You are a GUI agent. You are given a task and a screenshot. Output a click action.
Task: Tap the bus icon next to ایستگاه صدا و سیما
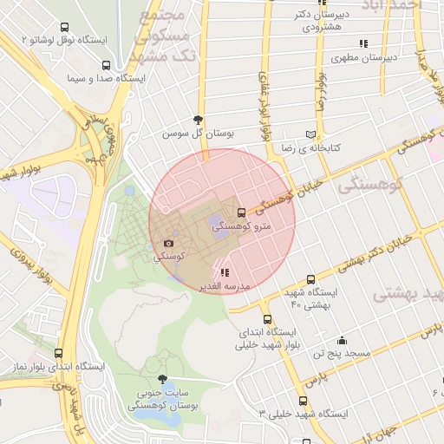pyautogui.click(x=106, y=65)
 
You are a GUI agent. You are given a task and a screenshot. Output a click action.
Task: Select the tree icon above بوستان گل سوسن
pyautogui.click(x=199, y=121)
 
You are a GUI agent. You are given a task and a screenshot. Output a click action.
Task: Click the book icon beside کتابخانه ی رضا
pyautogui.click(x=310, y=135)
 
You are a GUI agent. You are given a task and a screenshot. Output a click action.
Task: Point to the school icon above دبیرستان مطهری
pyautogui.click(x=363, y=43)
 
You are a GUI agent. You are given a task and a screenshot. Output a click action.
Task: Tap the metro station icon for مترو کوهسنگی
pyautogui.click(x=241, y=212)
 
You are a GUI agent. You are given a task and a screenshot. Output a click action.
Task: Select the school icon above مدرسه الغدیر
pyautogui.click(x=225, y=272)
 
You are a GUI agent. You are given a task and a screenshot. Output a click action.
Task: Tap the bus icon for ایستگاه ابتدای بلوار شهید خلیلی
pyautogui.click(x=266, y=319)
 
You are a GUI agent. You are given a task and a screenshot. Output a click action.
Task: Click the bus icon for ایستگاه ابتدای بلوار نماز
pyautogui.click(x=58, y=353)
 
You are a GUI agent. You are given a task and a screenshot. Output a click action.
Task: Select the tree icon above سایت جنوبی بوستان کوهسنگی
pyautogui.click(x=162, y=379)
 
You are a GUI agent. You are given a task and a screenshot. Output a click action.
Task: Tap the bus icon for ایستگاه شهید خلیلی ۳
pyautogui.click(x=303, y=401)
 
